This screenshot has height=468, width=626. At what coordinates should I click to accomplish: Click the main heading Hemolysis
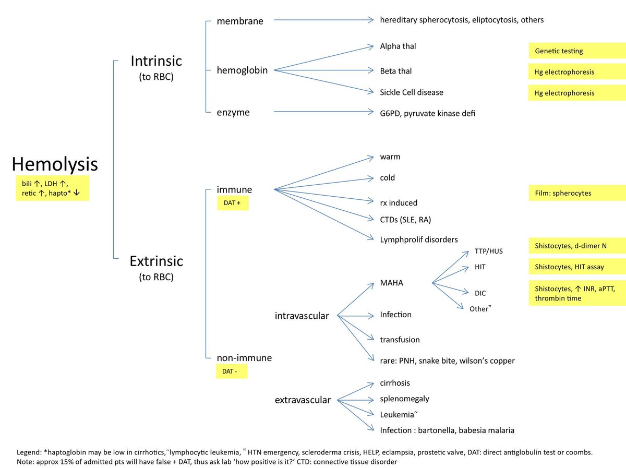55,164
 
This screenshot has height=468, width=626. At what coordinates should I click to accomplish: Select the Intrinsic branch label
156,61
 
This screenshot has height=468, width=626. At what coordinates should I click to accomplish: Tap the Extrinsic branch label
156,260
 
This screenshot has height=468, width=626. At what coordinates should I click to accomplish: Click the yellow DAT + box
233,202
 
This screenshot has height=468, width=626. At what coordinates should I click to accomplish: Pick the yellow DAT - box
232,371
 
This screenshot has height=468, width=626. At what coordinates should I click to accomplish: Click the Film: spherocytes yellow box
576,193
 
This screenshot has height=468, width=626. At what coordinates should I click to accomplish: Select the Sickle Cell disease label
412,92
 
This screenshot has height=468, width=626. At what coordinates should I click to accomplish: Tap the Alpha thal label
398,46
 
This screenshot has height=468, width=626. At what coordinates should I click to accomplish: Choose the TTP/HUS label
489,251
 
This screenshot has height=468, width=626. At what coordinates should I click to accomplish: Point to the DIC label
480,293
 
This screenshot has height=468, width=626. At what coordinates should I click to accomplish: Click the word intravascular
302,316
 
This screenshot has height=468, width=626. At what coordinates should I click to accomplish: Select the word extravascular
303,400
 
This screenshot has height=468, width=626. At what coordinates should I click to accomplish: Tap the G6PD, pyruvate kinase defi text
428,113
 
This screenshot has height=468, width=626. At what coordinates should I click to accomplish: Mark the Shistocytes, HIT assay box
576,267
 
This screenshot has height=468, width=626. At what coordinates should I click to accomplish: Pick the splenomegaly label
405,399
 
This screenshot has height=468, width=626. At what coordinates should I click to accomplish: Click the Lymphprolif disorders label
419,239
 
